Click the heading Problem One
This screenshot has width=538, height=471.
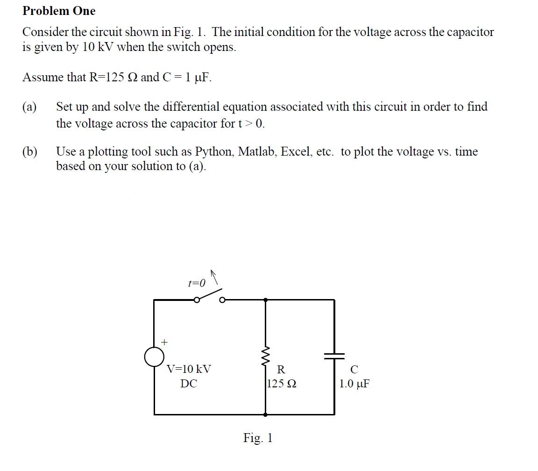click(x=59, y=11)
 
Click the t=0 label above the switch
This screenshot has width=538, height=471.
click(x=196, y=283)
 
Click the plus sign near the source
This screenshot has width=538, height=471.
click(x=164, y=342)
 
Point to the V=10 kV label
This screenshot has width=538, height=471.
click(x=189, y=369)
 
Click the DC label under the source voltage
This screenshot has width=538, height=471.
click(x=189, y=384)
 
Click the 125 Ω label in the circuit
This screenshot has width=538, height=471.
click(x=282, y=384)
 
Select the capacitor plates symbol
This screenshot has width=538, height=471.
click(x=334, y=356)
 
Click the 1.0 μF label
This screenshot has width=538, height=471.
click(x=354, y=384)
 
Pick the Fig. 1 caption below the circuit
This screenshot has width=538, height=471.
click(x=257, y=438)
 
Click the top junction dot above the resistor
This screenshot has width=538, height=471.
click(x=266, y=300)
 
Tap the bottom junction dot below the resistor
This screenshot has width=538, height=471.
click(x=266, y=414)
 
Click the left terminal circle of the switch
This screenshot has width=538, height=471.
click(x=197, y=300)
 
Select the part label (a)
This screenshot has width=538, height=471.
click(x=30, y=107)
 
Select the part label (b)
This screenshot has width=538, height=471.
click(x=30, y=152)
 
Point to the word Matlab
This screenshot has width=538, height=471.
click(x=257, y=152)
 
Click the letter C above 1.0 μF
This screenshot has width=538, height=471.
click(x=354, y=370)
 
